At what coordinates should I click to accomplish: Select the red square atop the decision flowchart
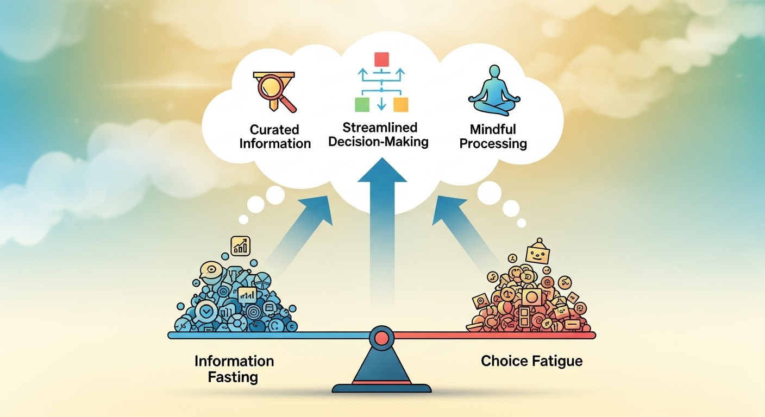pyautogui.click(x=382, y=59)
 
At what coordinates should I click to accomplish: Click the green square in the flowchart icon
pyautogui.click(x=362, y=104)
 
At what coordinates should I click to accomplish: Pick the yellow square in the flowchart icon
pyautogui.click(x=400, y=104)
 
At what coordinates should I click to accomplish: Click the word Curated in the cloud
pyautogui.click(x=274, y=130)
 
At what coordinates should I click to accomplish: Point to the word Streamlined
pyautogui.click(x=380, y=128)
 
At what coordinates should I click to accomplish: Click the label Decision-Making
pyautogui.click(x=380, y=142)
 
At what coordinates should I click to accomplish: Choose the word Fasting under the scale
pyautogui.click(x=233, y=377)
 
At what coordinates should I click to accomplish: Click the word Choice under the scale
pyautogui.click(x=502, y=361)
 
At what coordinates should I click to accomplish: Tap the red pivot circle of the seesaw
pyautogui.click(x=381, y=338)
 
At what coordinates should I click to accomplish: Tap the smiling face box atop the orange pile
pyautogui.click(x=538, y=253)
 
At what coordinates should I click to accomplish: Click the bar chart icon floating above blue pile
pyautogui.click(x=240, y=245)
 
